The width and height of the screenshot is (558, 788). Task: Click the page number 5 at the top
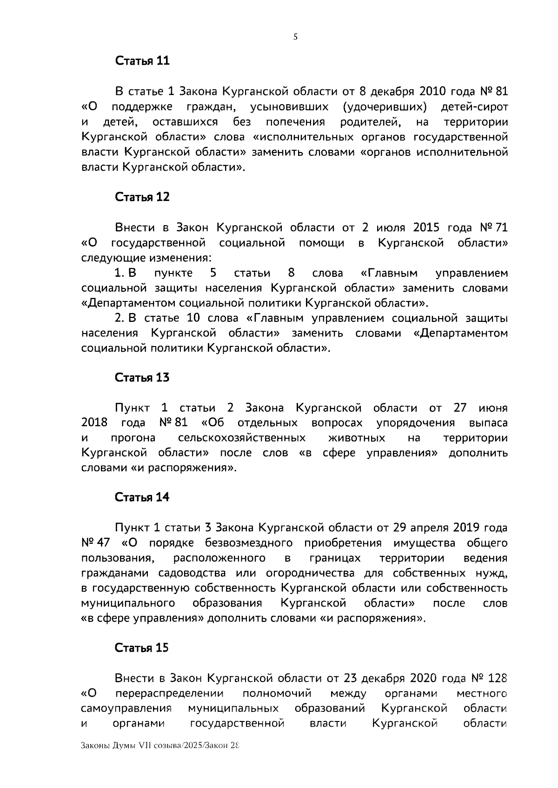click(295, 38)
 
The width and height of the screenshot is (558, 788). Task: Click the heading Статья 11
click(142, 61)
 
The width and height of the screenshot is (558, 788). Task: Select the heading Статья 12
click(142, 197)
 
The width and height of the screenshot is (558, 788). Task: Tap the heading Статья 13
click(142, 378)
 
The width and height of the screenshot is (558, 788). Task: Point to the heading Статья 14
click(142, 497)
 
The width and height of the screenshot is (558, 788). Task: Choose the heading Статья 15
click(142, 648)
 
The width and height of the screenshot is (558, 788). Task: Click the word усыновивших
click(289, 107)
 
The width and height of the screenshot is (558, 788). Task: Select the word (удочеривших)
click(385, 107)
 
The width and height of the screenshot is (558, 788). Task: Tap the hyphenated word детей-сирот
click(474, 107)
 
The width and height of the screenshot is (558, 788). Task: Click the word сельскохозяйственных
click(242, 438)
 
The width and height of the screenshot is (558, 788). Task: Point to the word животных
click(357, 438)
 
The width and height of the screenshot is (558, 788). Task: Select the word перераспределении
click(169, 694)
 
